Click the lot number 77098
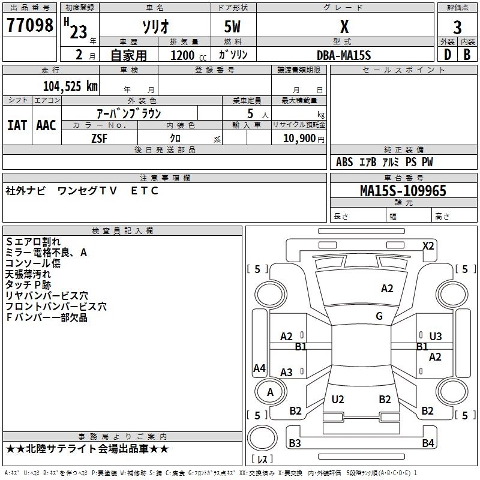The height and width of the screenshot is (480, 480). [x=29, y=25]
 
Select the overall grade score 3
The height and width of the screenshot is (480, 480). [x=457, y=27]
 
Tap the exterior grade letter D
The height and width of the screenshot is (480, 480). [x=448, y=55]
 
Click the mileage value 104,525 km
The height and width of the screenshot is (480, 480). [x=70, y=86]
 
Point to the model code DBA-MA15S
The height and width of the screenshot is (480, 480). [x=344, y=55]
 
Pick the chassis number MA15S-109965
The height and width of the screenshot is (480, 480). [x=403, y=190]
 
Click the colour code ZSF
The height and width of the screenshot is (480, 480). [x=99, y=139]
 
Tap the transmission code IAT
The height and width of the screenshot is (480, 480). [x=17, y=125]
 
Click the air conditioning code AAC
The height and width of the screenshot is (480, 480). [x=46, y=125]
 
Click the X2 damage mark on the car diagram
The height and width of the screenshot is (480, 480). [x=428, y=246]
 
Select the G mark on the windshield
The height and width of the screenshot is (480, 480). [x=379, y=316]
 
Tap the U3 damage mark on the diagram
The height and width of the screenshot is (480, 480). [x=436, y=336]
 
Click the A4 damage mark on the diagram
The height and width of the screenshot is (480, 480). [x=259, y=368]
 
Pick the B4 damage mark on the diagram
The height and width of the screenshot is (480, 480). [x=428, y=443]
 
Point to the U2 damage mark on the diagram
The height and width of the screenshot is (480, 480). [x=338, y=399]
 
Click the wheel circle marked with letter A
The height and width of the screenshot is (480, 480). [x=271, y=392]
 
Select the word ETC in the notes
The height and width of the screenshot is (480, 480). [x=145, y=191]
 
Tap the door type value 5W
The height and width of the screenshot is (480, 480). [x=232, y=26]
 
